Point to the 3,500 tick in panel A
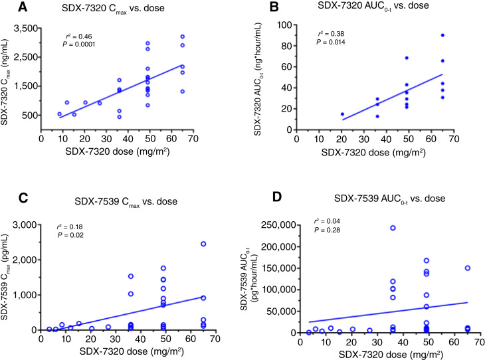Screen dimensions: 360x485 pos(24,30)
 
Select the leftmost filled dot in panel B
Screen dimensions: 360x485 pos(343,114)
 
